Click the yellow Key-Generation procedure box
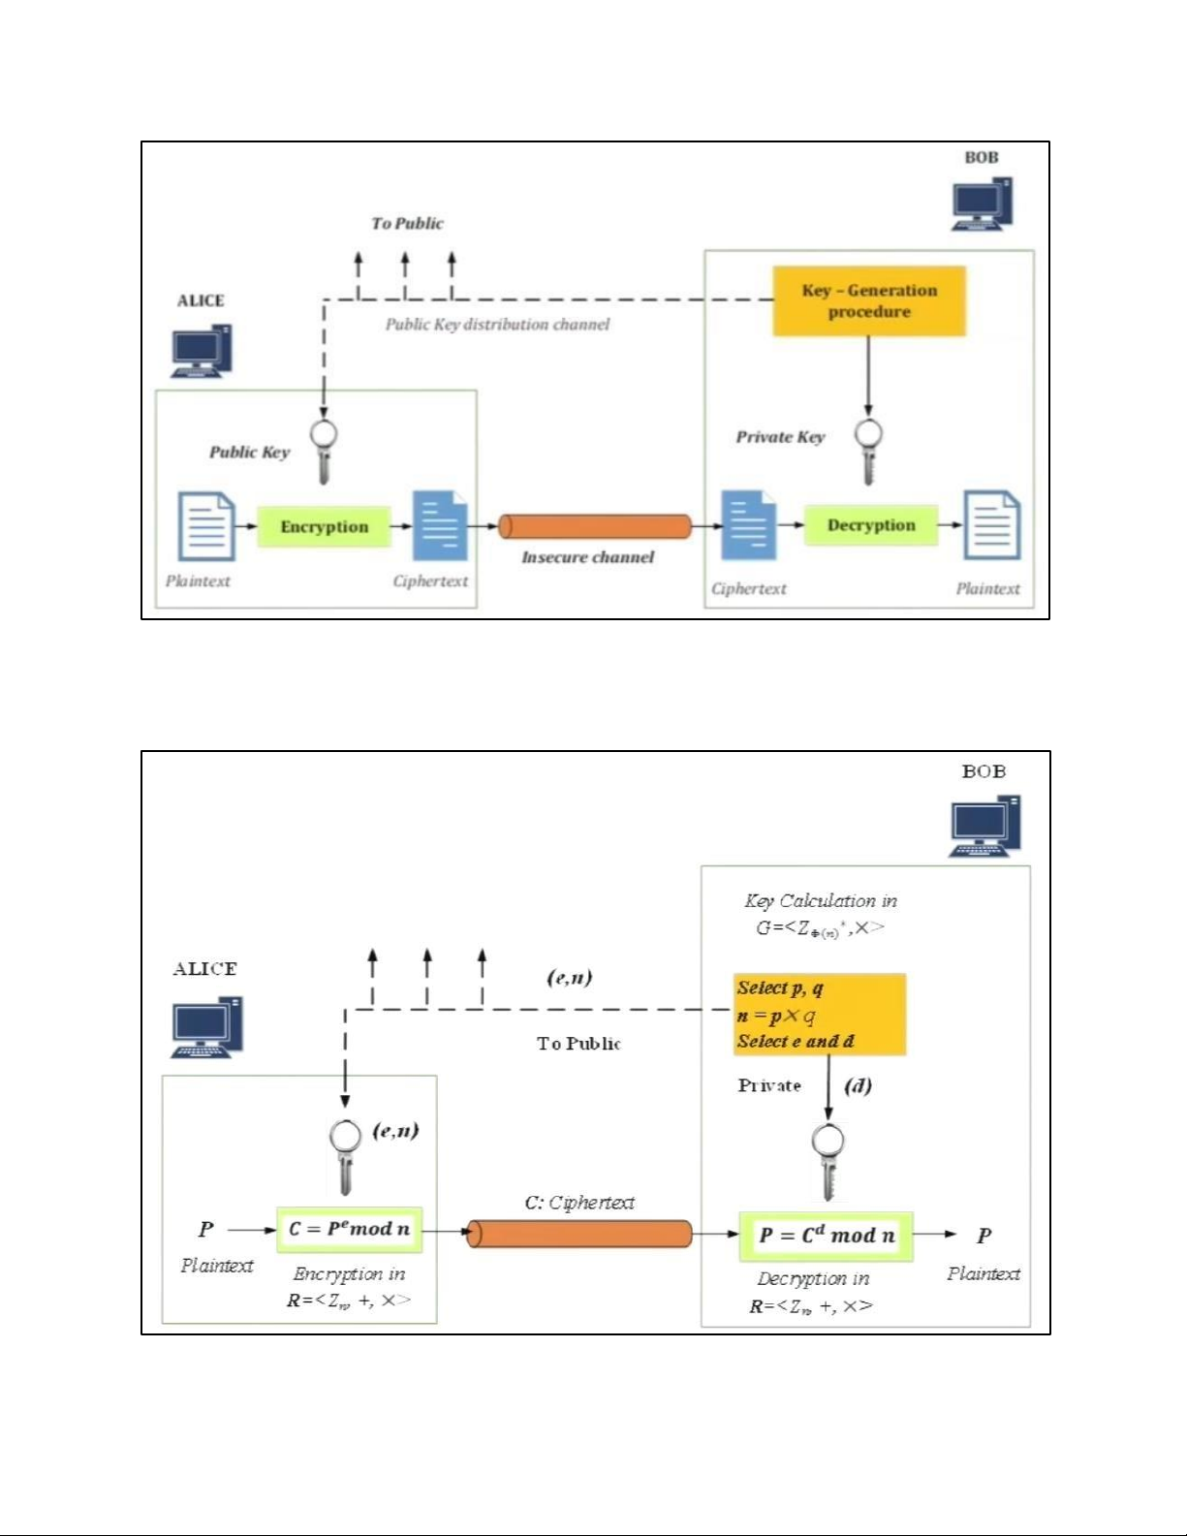click(x=869, y=301)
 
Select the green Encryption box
click(x=324, y=527)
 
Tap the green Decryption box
click(x=870, y=525)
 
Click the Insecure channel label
click(x=587, y=557)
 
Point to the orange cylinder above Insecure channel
click(x=595, y=526)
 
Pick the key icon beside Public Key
click(x=324, y=451)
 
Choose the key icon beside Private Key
click(x=868, y=450)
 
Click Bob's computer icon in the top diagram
click(x=982, y=204)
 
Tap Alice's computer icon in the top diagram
click(x=202, y=351)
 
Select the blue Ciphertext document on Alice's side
click(x=440, y=526)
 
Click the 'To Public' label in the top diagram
click(x=407, y=224)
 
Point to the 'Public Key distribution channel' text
click(x=497, y=325)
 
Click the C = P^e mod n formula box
click(x=349, y=1229)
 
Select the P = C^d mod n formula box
click(x=826, y=1236)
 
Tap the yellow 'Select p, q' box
click(x=819, y=1015)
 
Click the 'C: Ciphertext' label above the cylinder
click(x=579, y=1203)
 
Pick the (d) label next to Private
click(x=858, y=1085)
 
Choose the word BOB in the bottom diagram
click(x=984, y=772)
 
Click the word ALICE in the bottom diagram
click(x=204, y=969)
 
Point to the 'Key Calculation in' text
click(x=821, y=901)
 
